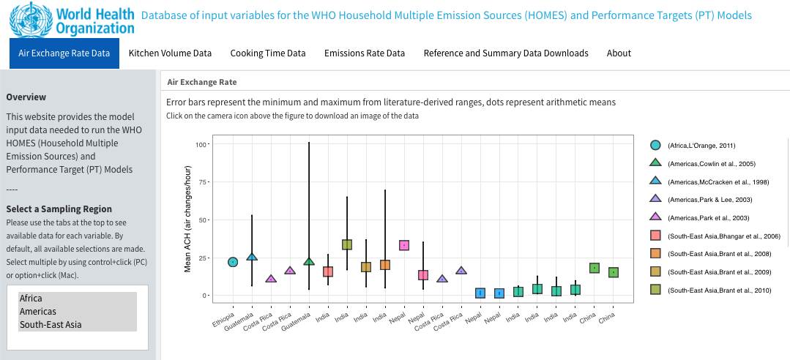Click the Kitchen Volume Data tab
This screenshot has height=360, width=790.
[170, 53]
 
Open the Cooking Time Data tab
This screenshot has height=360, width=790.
[268, 53]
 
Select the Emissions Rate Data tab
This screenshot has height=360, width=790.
[365, 53]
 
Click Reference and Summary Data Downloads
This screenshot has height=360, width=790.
[506, 53]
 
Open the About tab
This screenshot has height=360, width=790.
[619, 53]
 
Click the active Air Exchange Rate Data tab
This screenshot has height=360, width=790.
[64, 53]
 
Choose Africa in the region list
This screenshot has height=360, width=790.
[31, 299]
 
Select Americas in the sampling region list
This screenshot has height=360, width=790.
[38, 312]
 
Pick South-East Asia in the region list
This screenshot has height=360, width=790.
[51, 325]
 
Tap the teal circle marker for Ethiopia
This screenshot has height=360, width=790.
[233, 262]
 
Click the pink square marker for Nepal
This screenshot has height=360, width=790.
[403, 245]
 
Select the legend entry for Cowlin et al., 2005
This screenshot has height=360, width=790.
[711, 164]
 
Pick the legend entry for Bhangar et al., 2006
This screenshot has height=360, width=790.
[723, 236]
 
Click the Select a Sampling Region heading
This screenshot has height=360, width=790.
[59, 209]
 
